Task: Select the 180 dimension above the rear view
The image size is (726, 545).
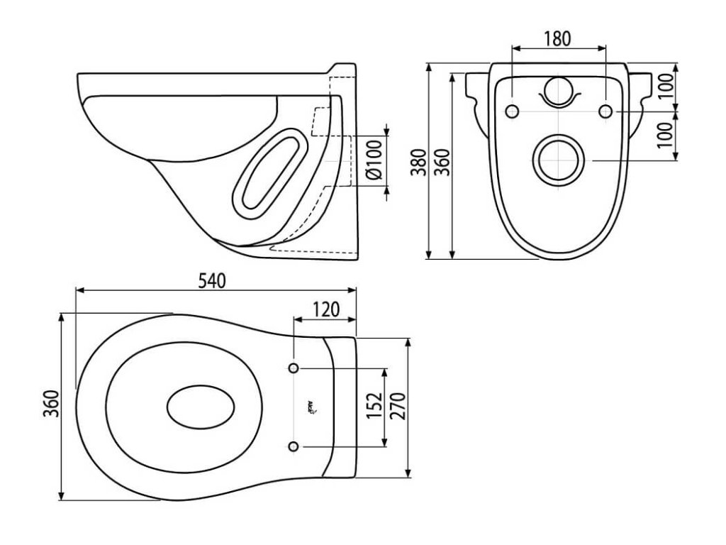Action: [x=558, y=39]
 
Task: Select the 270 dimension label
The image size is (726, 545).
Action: [x=397, y=407]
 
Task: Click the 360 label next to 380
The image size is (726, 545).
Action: [x=441, y=162]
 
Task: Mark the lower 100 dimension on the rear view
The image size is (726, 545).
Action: [x=664, y=136]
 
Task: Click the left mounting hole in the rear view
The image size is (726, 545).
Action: [x=512, y=111]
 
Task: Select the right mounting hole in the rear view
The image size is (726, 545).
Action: [x=605, y=111]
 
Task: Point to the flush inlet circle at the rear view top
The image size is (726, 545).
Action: [x=559, y=90]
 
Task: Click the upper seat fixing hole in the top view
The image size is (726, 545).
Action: [x=294, y=368]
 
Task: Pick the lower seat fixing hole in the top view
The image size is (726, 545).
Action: [x=294, y=446]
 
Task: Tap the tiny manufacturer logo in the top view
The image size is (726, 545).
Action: [x=313, y=407]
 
